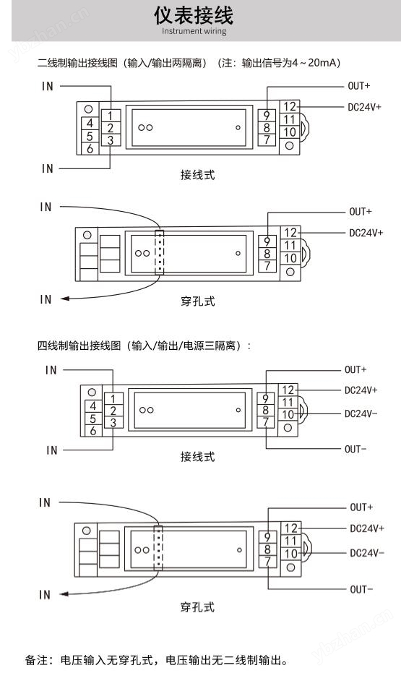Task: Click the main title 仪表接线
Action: (194, 15)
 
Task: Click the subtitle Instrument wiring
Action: (194, 31)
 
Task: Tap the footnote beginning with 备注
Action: (157, 660)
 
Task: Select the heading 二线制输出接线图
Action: (77, 63)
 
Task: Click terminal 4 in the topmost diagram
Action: (90, 123)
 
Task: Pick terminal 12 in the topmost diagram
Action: (290, 106)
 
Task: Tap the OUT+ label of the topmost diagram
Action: (359, 86)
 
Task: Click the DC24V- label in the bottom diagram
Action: (367, 553)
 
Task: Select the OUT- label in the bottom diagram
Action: (361, 589)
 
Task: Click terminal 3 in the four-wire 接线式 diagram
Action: (113, 423)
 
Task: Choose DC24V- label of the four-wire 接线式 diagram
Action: (361, 413)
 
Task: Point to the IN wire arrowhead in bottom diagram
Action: (64, 594)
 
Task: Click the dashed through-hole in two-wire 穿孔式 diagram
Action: (159, 252)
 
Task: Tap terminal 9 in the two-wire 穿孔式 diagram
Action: (267, 241)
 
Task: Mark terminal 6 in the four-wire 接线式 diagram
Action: (93, 431)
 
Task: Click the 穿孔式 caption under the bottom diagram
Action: (197, 607)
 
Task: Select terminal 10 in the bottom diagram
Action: (291, 554)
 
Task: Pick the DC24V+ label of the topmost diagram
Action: (364, 107)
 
